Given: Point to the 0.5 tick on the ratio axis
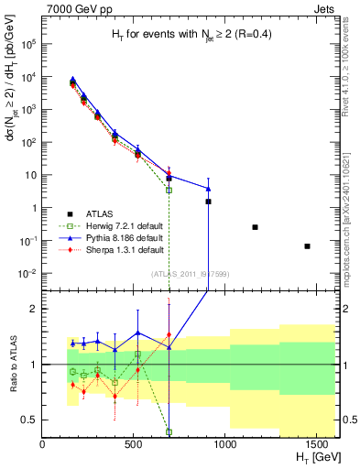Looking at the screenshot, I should click(31, 420).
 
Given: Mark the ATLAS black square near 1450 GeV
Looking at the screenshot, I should click(307, 245).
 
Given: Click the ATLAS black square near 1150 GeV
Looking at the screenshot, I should click(255, 227).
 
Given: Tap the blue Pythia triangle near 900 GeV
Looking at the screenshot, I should click(208, 189).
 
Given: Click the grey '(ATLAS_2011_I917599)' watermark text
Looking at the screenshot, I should click(190, 274).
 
